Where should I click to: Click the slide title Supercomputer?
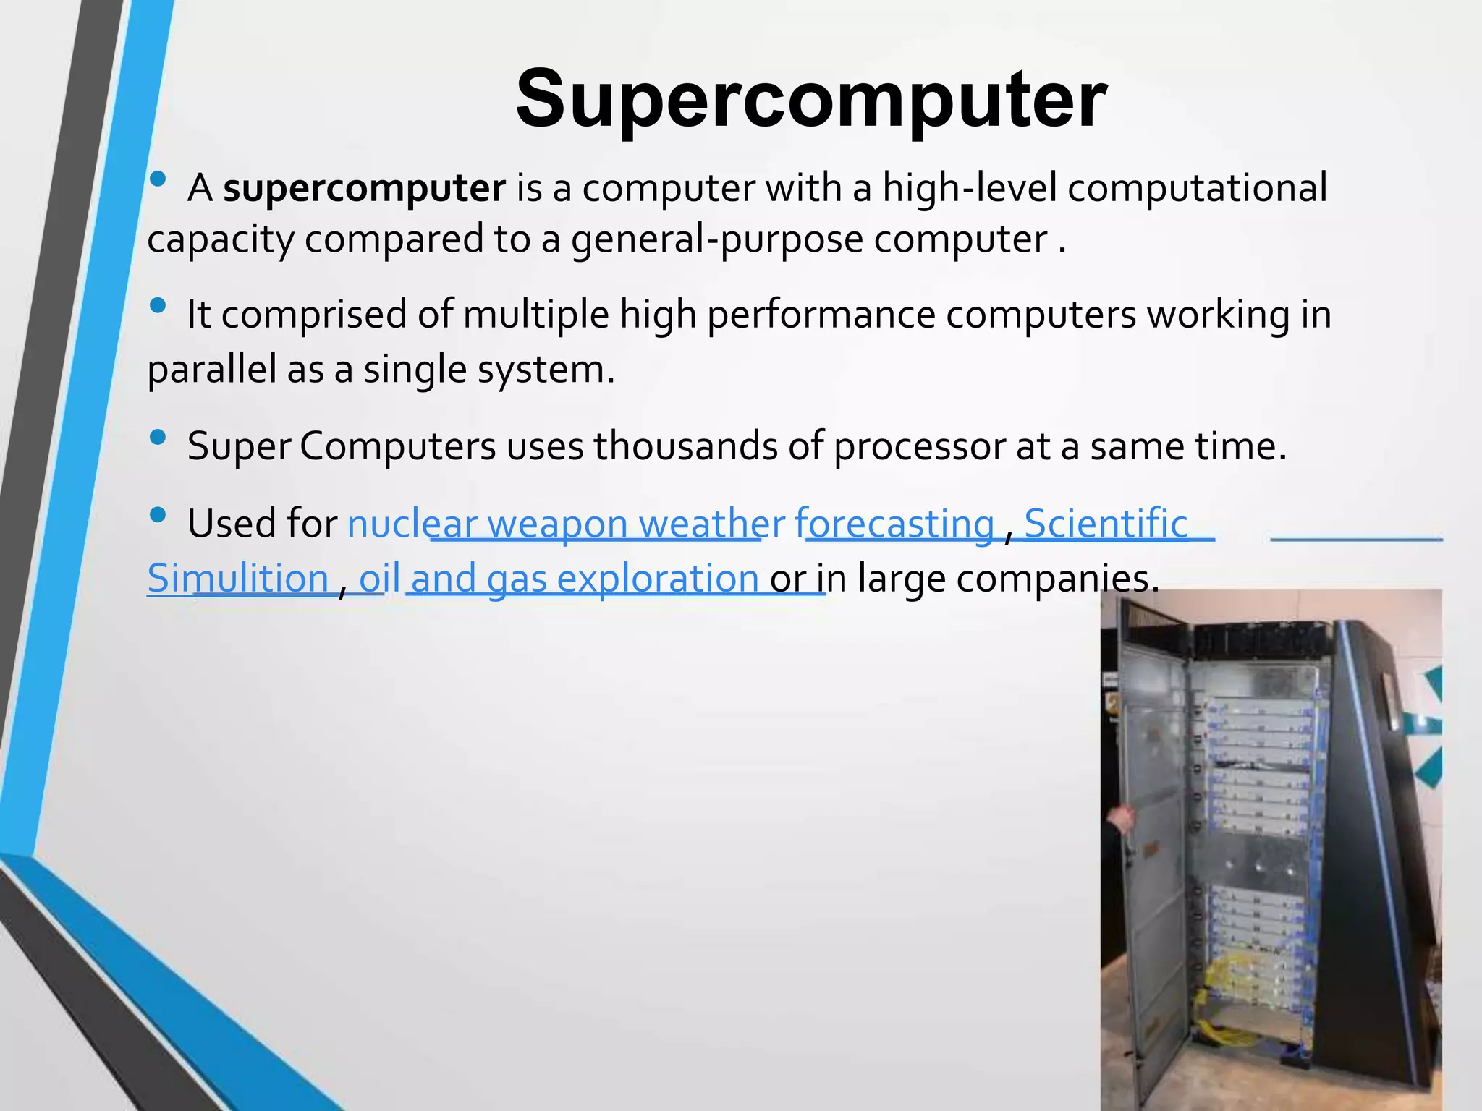coord(810,99)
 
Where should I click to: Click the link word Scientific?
coord(1106,524)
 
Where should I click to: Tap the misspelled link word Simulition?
coord(238,579)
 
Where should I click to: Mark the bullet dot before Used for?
coord(158,516)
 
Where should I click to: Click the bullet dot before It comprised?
coord(158,306)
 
